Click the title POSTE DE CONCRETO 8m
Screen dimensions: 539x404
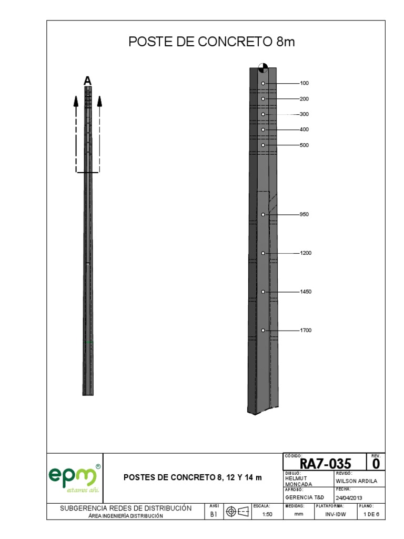[x=211, y=42]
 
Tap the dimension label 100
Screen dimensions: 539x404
[x=304, y=83]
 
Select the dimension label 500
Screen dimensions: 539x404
[x=304, y=145]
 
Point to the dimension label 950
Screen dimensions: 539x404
[x=304, y=214]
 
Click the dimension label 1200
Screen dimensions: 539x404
[x=306, y=253]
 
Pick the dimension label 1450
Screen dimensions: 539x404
[x=306, y=292]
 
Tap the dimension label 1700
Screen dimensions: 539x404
[x=306, y=331]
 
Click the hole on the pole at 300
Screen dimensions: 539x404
[x=263, y=114]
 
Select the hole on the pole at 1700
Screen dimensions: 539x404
[x=263, y=331]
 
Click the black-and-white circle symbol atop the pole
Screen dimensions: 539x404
[x=263, y=67]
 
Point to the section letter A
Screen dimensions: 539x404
[x=87, y=81]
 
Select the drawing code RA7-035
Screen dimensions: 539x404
[x=325, y=464]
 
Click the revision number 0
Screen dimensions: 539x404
[x=376, y=464]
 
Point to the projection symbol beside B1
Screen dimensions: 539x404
[x=237, y=512]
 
